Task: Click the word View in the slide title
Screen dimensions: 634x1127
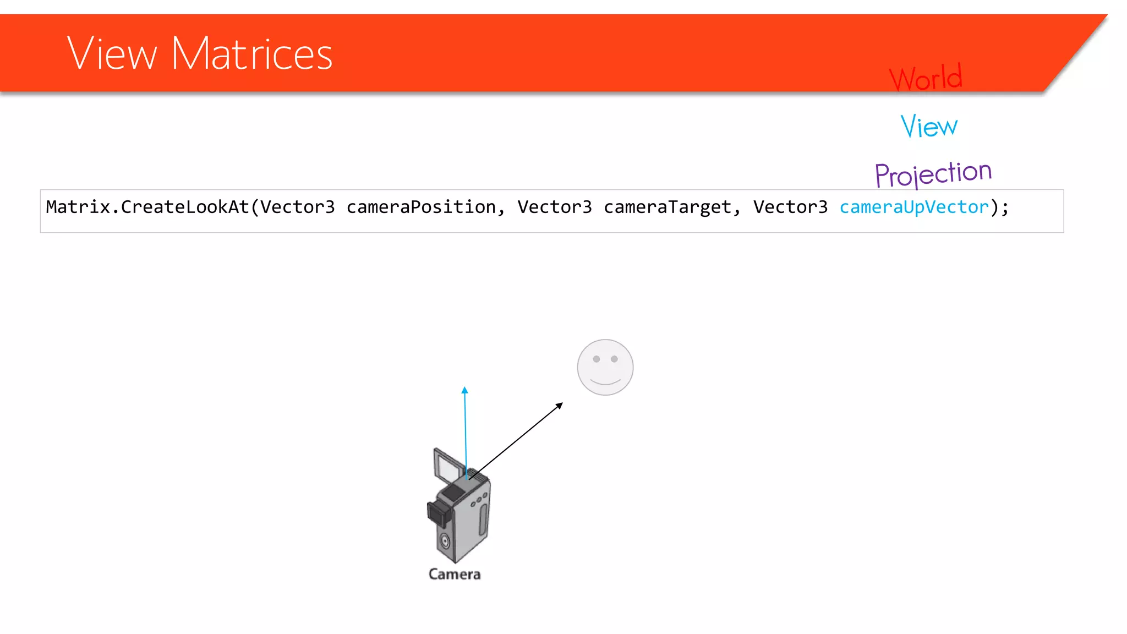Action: (x=112, y=54)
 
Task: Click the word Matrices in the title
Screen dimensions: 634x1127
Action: (x=252, y=54)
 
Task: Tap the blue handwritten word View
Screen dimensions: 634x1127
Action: (x=929, y=126)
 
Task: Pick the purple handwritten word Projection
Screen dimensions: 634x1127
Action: (x=933, y=174)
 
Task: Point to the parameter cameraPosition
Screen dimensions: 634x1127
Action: (x=421, y=207)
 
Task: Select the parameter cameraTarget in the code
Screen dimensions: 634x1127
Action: (x=668, y=207)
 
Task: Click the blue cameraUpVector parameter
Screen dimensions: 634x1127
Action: (x=914, y=207)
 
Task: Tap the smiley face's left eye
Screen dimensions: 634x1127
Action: (x=596, y=359)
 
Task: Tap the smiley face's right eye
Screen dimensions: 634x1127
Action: (x=614, y=359)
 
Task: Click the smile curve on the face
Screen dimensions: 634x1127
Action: (x=605, y=381)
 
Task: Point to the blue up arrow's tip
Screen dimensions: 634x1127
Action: (x=464, y=390)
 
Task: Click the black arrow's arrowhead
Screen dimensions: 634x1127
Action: (x=560, y=406)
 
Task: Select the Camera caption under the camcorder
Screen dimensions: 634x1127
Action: (x=455, y=574)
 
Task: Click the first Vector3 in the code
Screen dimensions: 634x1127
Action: (x=297, y=207)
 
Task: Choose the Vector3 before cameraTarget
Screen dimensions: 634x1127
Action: (x=554, y=207)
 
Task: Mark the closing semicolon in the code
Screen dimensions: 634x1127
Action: (x=1005, y=207)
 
